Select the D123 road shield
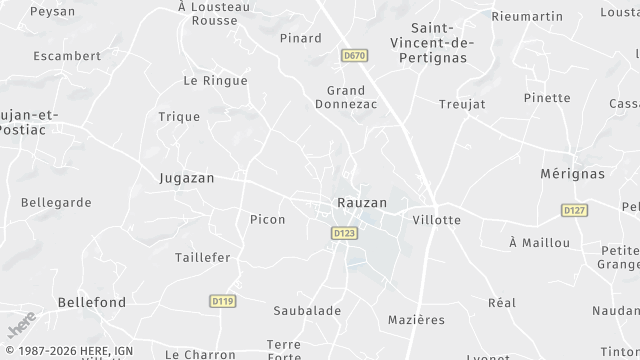344,233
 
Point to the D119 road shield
222,300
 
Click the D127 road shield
574,210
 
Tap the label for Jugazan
187,177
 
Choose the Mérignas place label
573,173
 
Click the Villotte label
436,219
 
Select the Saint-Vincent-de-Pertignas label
441,42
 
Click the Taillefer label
202,257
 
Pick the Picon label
267,219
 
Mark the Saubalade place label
307,311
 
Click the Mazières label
415,320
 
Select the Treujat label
462,104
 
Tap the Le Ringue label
215,80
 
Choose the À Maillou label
539,243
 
